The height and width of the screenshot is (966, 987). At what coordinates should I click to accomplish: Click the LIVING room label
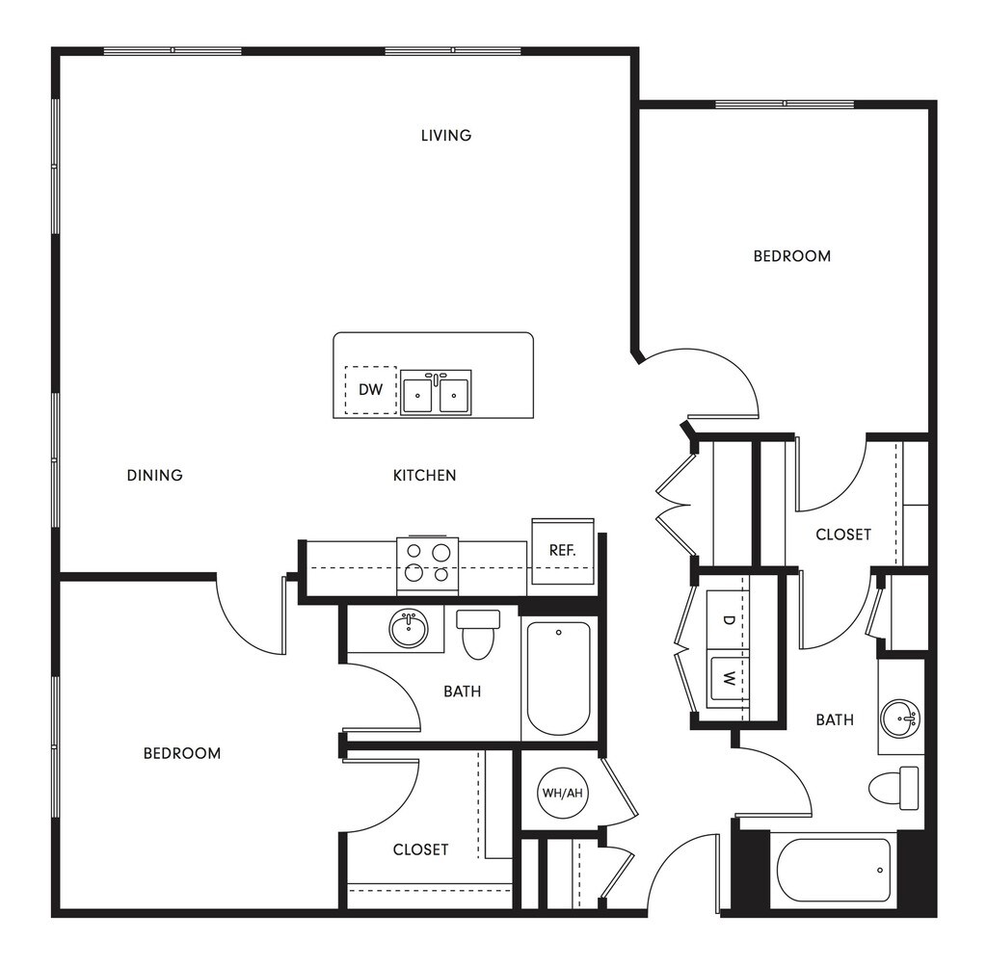click(445, 136)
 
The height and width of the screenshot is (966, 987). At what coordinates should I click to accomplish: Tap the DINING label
click(154, 475)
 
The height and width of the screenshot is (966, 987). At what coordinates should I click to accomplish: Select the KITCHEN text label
click(424, 475)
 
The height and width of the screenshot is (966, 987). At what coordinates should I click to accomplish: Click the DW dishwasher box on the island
click(371, 390)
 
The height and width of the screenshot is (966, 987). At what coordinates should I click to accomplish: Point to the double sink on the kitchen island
click(436, 393)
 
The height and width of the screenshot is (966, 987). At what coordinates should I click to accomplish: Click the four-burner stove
click(427, 564)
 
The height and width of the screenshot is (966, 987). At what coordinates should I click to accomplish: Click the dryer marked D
click(729, 620)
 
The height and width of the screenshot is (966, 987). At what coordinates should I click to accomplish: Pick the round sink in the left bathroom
click(410, 630)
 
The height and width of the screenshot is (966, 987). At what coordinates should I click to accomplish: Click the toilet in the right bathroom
click(893, 788)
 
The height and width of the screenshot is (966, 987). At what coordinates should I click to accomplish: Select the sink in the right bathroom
click(902, 718)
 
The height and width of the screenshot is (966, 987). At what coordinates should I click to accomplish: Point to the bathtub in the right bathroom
click(834, 870)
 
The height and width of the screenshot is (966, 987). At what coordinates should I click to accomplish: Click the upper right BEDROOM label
click(791, 256)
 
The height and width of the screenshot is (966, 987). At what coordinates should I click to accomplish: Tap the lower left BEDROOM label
click(182, 753)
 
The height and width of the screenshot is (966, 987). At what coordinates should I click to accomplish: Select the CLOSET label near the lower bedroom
click(420, 849)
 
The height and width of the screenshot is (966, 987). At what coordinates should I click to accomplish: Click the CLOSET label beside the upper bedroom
click(843, 535)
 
